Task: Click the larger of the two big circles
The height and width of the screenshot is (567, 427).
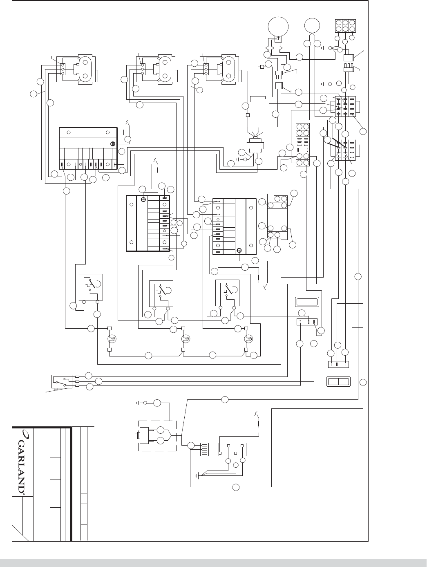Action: [278, 27]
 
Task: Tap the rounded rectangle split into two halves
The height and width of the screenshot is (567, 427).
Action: [338, 381]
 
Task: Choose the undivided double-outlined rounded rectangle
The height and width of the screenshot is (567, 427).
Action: [307, 302]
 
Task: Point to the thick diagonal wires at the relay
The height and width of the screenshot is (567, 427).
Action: [334, 143]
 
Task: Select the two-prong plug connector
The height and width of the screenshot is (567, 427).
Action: [279, 75]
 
